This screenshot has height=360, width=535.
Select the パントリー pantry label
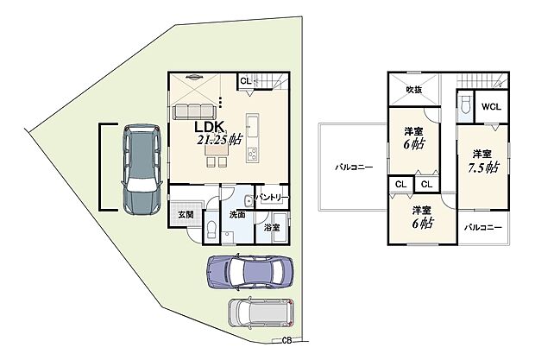[272, 199]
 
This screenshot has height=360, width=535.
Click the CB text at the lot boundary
[286, 339]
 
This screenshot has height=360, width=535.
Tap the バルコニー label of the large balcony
[355, 167]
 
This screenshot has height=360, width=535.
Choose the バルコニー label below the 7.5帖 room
[481, 226]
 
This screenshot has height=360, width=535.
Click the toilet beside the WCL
[465, 106]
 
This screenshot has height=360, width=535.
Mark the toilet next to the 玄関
[210, 229]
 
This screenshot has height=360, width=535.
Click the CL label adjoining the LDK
[245, 81]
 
